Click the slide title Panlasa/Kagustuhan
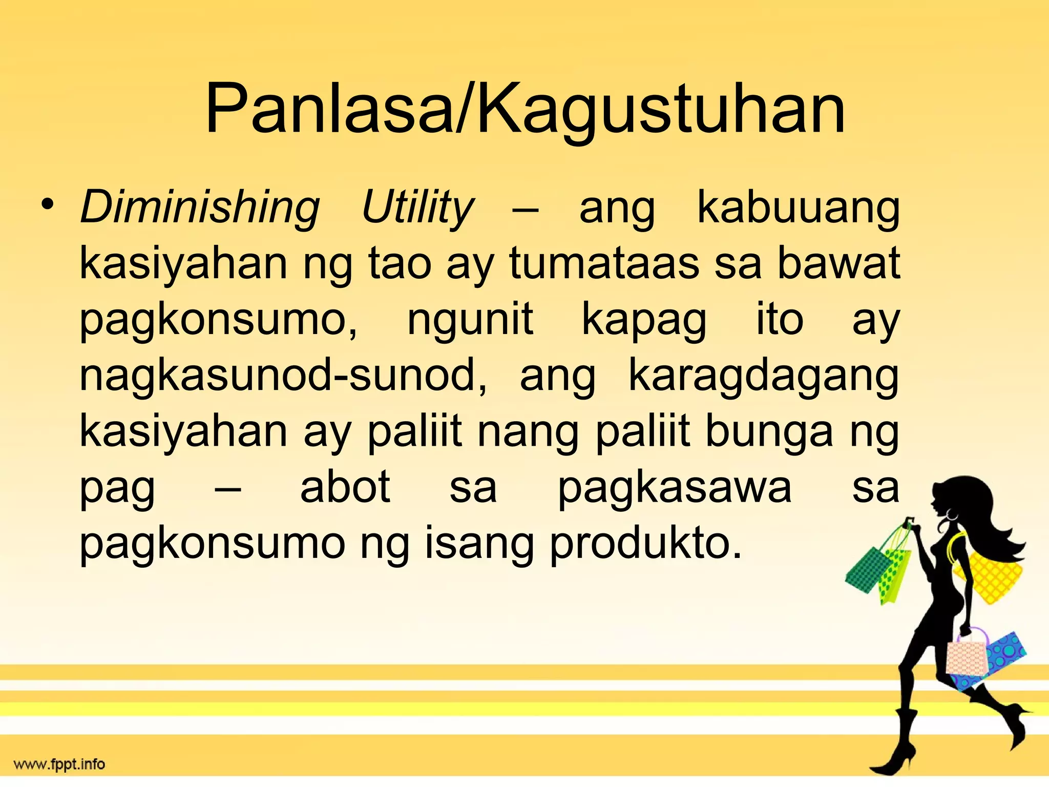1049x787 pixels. point(524,110)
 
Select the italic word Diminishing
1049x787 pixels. point(200,208)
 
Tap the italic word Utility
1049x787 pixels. point(417,208)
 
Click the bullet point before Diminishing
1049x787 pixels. point(48,205)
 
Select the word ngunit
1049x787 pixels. point(470,320)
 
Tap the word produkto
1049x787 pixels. point(645,545)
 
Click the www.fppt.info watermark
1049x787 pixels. point(59,765)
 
